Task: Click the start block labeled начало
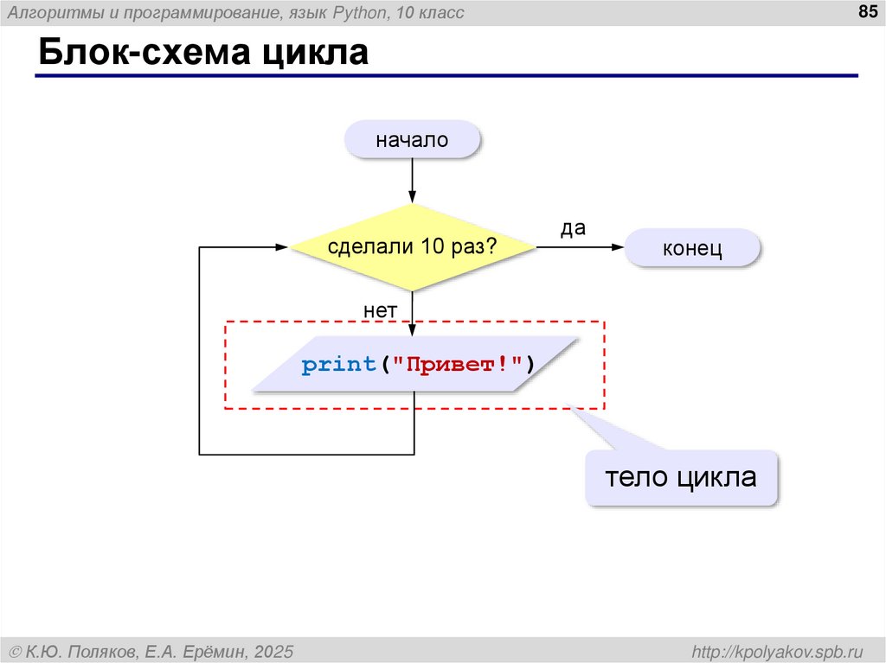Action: tap(412, 139)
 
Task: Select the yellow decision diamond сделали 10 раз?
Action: tap(412, 247)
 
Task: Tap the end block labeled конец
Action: tap(692, 249)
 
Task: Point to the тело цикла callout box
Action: tap(681, 477)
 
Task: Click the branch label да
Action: tap(573, 228)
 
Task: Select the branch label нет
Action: tap(380, 309)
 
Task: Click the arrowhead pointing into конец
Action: tap(618, 247)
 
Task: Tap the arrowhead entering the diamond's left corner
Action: tap(281, 247)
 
